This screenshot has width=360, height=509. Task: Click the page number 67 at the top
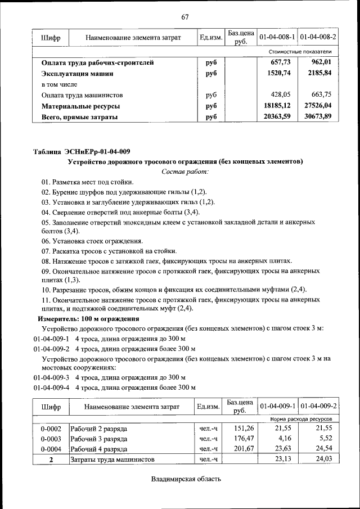coord(184,16)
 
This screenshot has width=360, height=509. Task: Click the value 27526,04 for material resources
coord(319,106)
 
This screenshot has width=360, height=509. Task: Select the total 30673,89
coord(319,116)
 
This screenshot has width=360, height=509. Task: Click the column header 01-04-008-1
coord(277,37)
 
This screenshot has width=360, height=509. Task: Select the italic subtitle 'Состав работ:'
coord(185,171)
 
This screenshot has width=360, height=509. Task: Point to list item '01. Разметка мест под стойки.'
coord(87,182)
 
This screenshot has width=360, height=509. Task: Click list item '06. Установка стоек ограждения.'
coord(88,241)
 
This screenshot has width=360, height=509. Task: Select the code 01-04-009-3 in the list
coord(51,377)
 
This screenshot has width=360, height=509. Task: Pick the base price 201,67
coord(243,449)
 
